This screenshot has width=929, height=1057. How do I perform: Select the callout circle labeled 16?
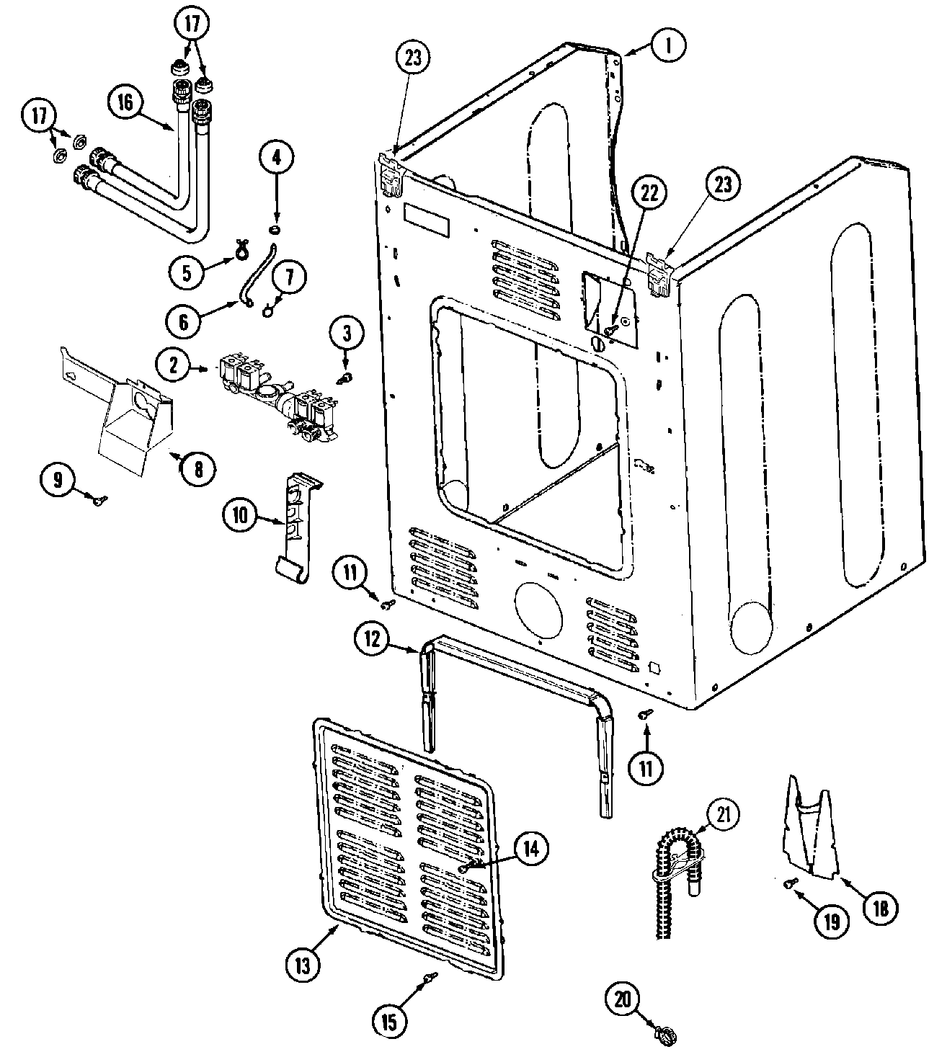pos(126,102)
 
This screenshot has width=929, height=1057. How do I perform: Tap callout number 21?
pos(723,813)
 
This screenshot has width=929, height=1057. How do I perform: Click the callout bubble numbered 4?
pos(277,155)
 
